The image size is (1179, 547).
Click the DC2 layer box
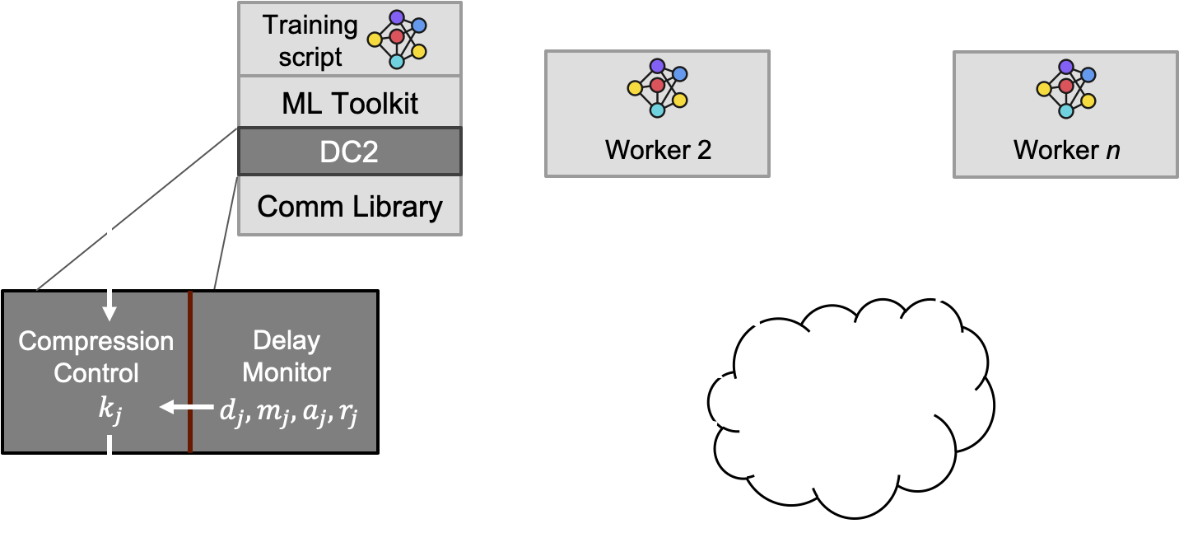350,152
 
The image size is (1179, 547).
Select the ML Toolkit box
350,103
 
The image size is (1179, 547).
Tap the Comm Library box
350,206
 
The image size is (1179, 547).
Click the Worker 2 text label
658,150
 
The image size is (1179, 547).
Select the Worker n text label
1066,150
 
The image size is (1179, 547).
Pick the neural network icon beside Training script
397,38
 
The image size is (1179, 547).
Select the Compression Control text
96,357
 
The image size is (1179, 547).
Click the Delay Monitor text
287,356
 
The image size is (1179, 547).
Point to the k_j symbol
110,409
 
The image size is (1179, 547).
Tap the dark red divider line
190,372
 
